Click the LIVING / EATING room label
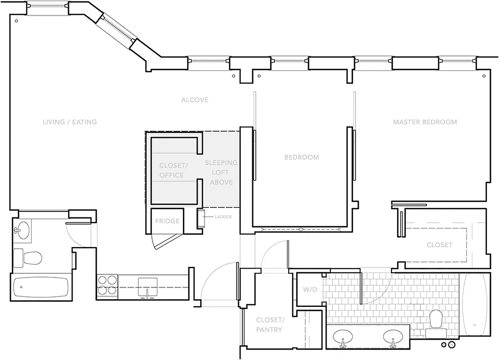(69, 122)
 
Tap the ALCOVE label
(195, 99)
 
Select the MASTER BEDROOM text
(425, 122)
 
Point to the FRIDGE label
(167, 221)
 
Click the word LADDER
(223, 217)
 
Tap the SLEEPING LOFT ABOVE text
(221, 172)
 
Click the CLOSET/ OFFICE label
(171, 170)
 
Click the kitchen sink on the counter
(147, 287)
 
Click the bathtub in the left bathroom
(41, 287)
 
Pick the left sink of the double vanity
(343, 337)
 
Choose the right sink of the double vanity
(393, 337)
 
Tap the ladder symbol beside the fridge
(201, 219)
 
